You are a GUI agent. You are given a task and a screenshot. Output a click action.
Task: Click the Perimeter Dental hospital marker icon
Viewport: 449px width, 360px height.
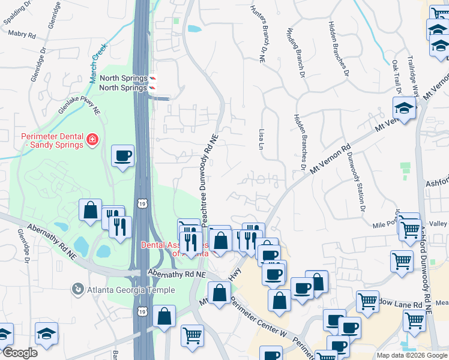(x=92, y=140)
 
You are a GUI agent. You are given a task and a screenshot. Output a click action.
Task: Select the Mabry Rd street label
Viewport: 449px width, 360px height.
(x=22, y=35)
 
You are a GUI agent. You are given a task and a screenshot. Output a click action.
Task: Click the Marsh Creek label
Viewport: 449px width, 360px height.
(x=98, y=63)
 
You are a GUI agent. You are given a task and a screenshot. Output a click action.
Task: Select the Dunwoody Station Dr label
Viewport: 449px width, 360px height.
(x=355, y=182)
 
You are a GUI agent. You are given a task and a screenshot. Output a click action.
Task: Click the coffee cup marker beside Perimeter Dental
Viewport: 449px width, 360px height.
(x=123, y=157)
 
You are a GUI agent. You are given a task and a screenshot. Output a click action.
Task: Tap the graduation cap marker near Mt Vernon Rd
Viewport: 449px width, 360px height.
(x=405, y=109)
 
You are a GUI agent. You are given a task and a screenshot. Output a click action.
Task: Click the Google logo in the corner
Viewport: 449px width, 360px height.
(x=19, y=353)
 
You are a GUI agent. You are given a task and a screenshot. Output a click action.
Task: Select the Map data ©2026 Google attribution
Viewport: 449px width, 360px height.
(x=411, y=355)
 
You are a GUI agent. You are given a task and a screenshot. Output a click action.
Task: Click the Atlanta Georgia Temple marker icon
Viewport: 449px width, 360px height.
(x=77, y=290)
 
